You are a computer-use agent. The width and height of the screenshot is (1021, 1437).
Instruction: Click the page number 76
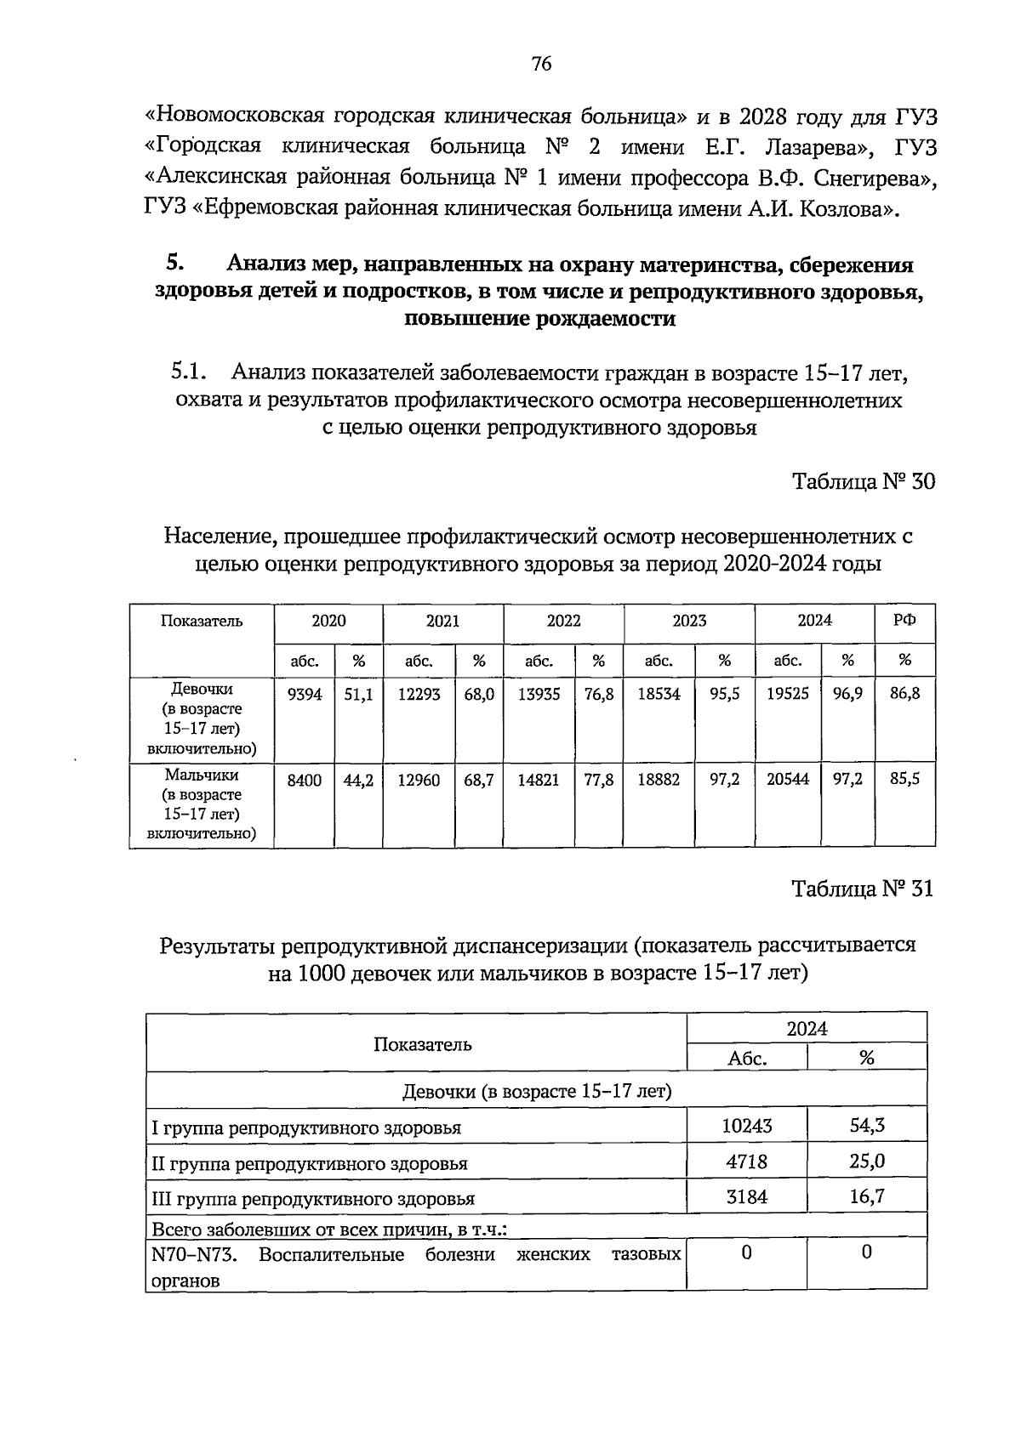(x=541, y=64)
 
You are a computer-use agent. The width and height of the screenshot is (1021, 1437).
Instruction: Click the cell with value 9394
(x=304, y=695)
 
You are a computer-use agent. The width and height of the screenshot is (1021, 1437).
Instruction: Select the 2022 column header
(x=563, y=621)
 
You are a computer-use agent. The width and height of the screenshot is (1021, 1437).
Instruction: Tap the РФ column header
(x=904, y=621)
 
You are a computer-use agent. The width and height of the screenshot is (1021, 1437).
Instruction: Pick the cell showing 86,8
(x=904, y=695)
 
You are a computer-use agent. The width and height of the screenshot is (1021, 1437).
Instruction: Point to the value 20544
(x=787, y=780)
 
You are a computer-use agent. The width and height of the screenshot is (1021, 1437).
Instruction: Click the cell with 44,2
(x=358, y=780)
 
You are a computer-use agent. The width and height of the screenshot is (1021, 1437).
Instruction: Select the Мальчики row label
(x=202, y=775)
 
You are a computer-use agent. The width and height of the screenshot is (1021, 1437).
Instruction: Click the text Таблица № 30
(x=863, y=482)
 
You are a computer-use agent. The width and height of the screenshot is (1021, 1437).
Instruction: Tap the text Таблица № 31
(x=862, y=889)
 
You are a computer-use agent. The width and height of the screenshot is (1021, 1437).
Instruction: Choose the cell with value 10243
(x=746, y=1126)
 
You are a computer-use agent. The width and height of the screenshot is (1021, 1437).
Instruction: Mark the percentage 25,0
(x=866, y=1162)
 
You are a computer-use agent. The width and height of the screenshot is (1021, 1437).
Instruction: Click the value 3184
(x=746, y=1197)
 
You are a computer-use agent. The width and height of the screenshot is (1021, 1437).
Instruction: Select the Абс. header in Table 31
(x=747, y=1059)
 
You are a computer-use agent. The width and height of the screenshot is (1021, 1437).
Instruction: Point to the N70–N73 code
(x=193, y=1255)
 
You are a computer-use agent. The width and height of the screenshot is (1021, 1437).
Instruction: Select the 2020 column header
(x=328, y=621)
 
